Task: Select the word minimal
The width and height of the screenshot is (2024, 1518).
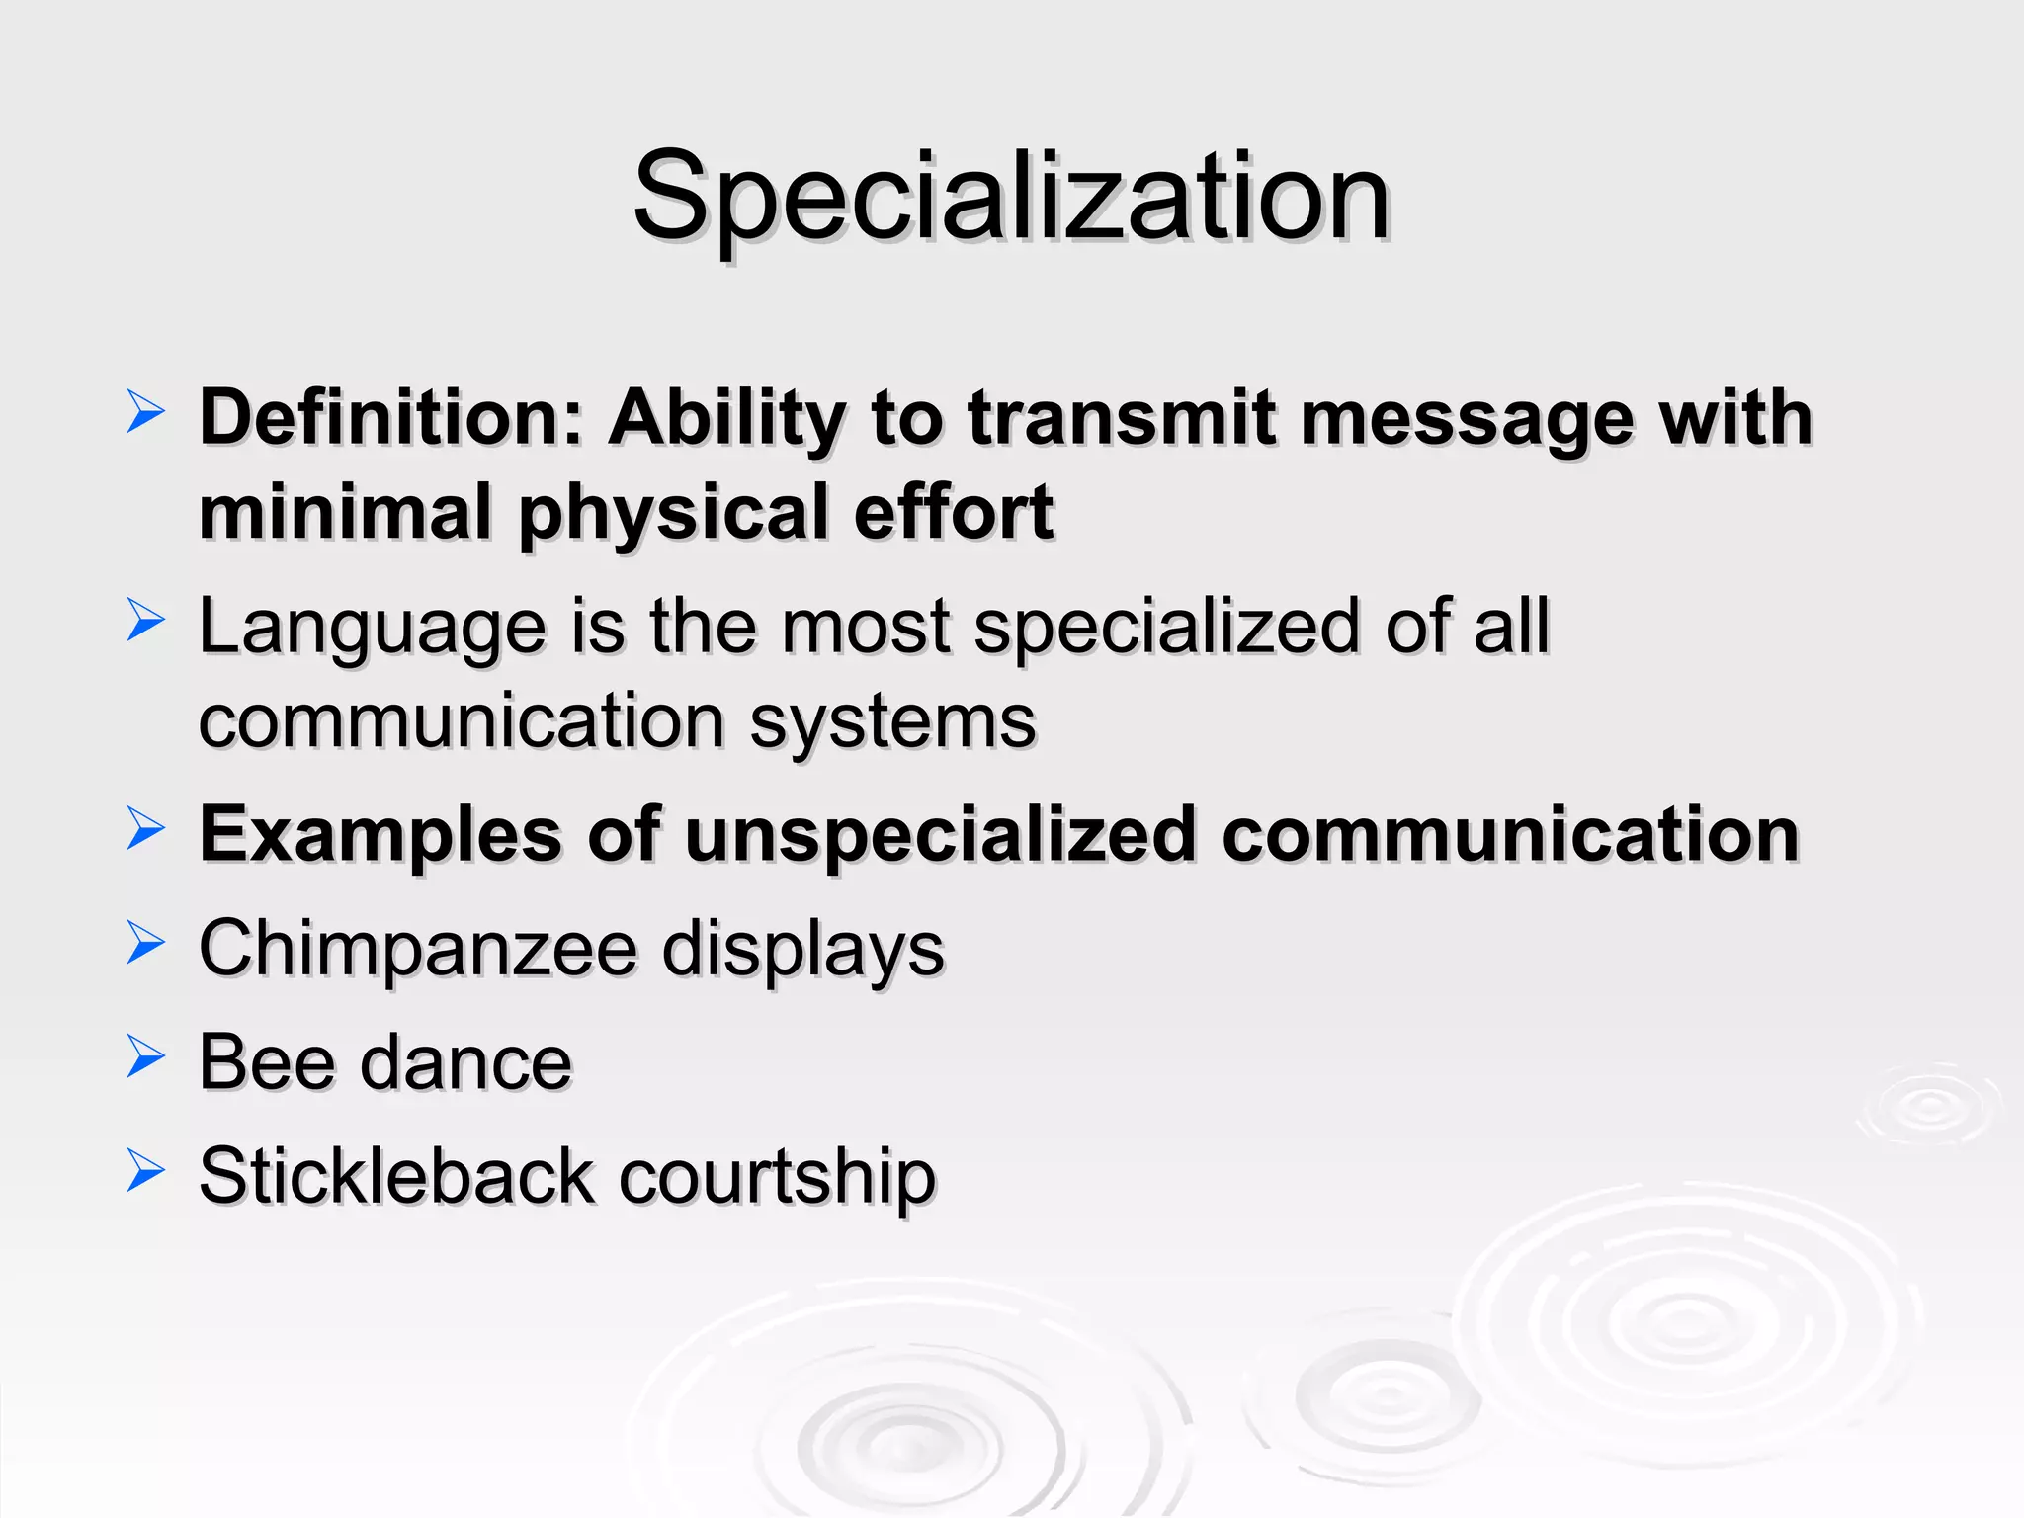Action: (345, 512)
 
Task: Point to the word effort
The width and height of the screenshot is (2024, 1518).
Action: (954, 512)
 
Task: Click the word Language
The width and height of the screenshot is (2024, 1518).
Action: (372, 629)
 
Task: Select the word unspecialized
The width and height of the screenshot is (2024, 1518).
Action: (941, 835)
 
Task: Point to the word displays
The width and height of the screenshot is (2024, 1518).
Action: (802, 950)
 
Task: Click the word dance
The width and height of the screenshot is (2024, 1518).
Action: (465, 1063)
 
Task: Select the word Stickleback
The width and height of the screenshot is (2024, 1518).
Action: (395, 1177)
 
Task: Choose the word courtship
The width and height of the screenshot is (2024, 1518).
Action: (777, 1177)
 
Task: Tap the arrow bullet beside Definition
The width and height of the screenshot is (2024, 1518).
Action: (145, 412)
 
